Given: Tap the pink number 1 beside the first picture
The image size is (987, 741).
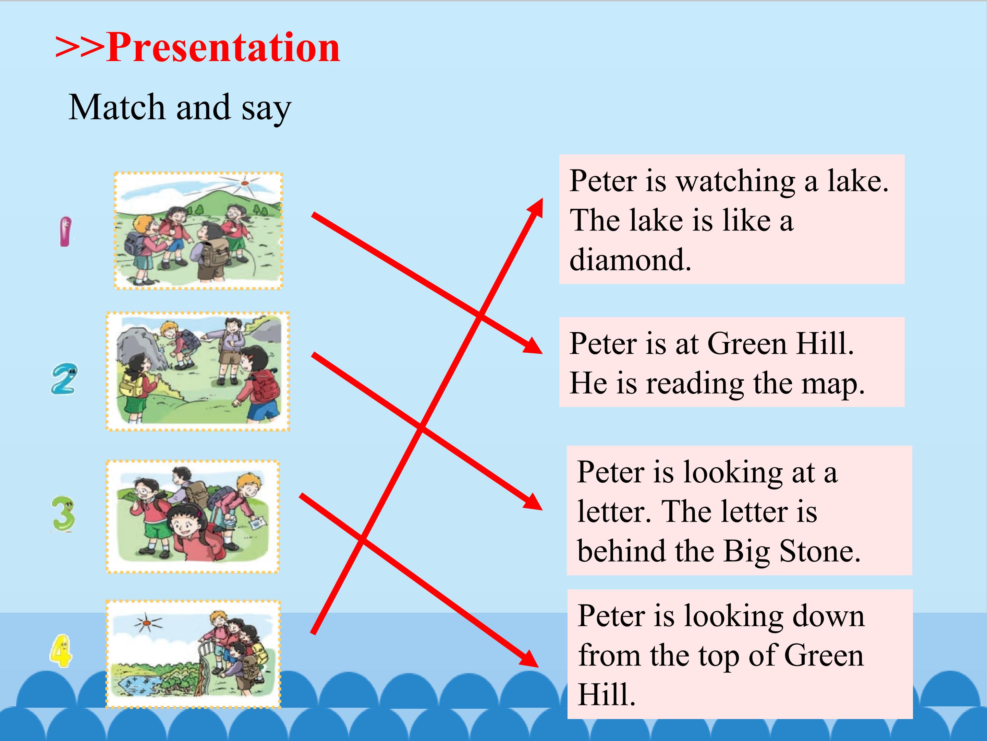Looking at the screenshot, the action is tap(65, 231).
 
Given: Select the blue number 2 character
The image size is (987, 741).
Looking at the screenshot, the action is tap(64, 379).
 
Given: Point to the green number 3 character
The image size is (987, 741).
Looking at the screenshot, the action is tap(63, 514).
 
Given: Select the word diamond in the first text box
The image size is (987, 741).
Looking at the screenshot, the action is tap(630, 259).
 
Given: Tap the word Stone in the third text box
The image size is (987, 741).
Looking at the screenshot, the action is tap(820, 551).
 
